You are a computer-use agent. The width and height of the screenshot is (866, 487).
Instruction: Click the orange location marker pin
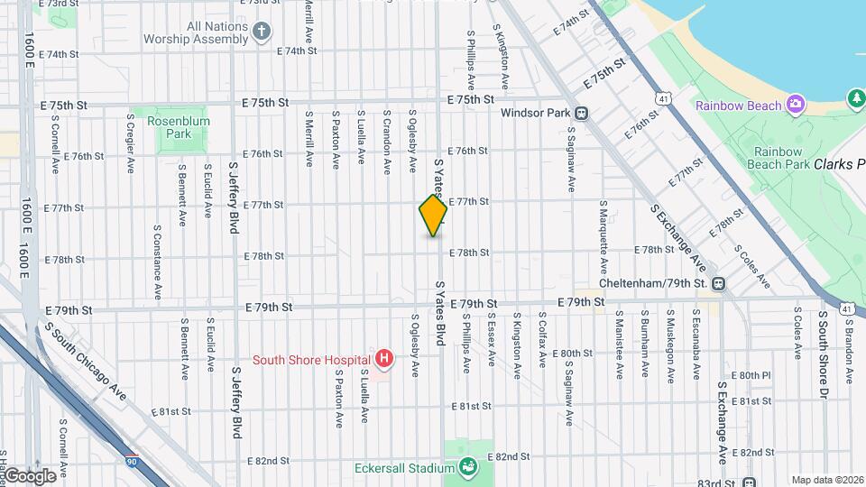pyautogui.click(x=433, y=215)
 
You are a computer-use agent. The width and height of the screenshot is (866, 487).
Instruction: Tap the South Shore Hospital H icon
pyautogui.click(x=385, y=359)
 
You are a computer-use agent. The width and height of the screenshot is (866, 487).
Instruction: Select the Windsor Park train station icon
pyautogui.click(x=583, y=114)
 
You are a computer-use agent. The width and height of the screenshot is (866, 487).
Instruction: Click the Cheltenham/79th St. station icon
pyautogui.click(x=718, y=283)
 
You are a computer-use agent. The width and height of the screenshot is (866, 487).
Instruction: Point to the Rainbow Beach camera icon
pyautogui.click(x=796, y=106)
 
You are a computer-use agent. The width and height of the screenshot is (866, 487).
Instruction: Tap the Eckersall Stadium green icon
pyautogui.click(x=468, y=468)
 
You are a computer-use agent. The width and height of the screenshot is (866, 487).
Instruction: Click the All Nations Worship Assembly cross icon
pyautogui.click(x=262, y=32)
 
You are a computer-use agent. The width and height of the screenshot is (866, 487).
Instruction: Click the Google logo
pyautogui.click(x=29, y=475)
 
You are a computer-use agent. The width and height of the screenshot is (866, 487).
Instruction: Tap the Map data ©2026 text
pyautogui.click(x=826, y=480)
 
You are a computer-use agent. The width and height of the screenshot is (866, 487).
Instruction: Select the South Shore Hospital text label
pyautogui.click(x=311, y=359)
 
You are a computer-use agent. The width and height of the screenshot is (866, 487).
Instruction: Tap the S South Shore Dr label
pyautogui.click(x=824, y=346)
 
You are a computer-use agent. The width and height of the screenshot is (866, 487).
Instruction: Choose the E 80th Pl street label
pyautogui.click(x=751, y=374)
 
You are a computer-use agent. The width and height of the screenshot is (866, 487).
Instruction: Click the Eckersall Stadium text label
pyautogui.click(x=403, y=468)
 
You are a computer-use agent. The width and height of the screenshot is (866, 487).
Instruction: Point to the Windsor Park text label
pyautogui.click(x=536, y=114)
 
